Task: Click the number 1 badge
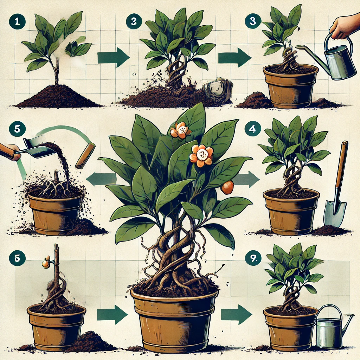point(17,21)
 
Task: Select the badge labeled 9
point(253,259)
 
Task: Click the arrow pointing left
point(101,179)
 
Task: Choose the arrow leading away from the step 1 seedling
point(113,57)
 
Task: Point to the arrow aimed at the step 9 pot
point(236,315)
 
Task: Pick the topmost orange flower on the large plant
point(180,130)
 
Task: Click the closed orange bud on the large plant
point(227,187)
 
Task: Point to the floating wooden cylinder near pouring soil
point(85,156)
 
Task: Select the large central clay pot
point(174,321)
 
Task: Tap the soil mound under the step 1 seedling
point(57,96)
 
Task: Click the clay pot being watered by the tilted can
point(291,86)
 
